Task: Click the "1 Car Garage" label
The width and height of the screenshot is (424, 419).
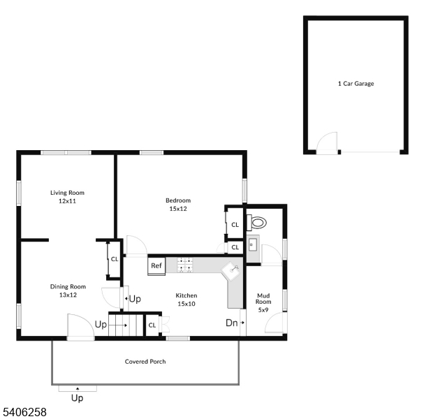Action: [x=356, y=84]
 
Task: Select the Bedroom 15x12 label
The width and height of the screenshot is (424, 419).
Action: [x=178, y=204]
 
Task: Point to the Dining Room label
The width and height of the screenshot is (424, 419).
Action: [x=68, y=290]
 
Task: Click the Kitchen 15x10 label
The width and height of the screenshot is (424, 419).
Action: [x=186, y=299]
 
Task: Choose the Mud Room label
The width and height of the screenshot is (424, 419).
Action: [x=263, y=301]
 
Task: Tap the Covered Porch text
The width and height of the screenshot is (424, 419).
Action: [x=145, y=361]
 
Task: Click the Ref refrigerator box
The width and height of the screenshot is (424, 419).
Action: [x=156, y=265]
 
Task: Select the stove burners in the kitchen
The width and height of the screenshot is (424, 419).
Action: [x=185, y=265]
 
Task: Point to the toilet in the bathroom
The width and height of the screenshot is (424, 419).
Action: [x=258, y=223]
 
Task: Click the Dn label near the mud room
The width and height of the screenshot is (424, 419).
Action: [x=231, y=323]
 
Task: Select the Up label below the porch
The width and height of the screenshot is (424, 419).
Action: [x=77, y=399]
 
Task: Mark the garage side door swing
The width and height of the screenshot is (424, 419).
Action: [x=326, y=145]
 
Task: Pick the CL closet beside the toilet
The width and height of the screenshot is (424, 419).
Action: [x=235, y=225]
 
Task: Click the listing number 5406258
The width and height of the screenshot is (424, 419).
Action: [x=24, y=412]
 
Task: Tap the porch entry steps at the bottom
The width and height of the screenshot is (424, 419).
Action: [x=78, y=388]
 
